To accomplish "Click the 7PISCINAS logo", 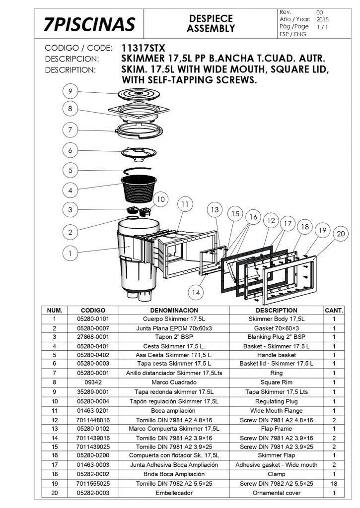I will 89,23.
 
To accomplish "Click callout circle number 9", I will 71,91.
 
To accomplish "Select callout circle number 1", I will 71,253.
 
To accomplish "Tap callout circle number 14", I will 196,292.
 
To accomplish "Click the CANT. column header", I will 334,310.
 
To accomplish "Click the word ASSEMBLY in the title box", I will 211,28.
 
